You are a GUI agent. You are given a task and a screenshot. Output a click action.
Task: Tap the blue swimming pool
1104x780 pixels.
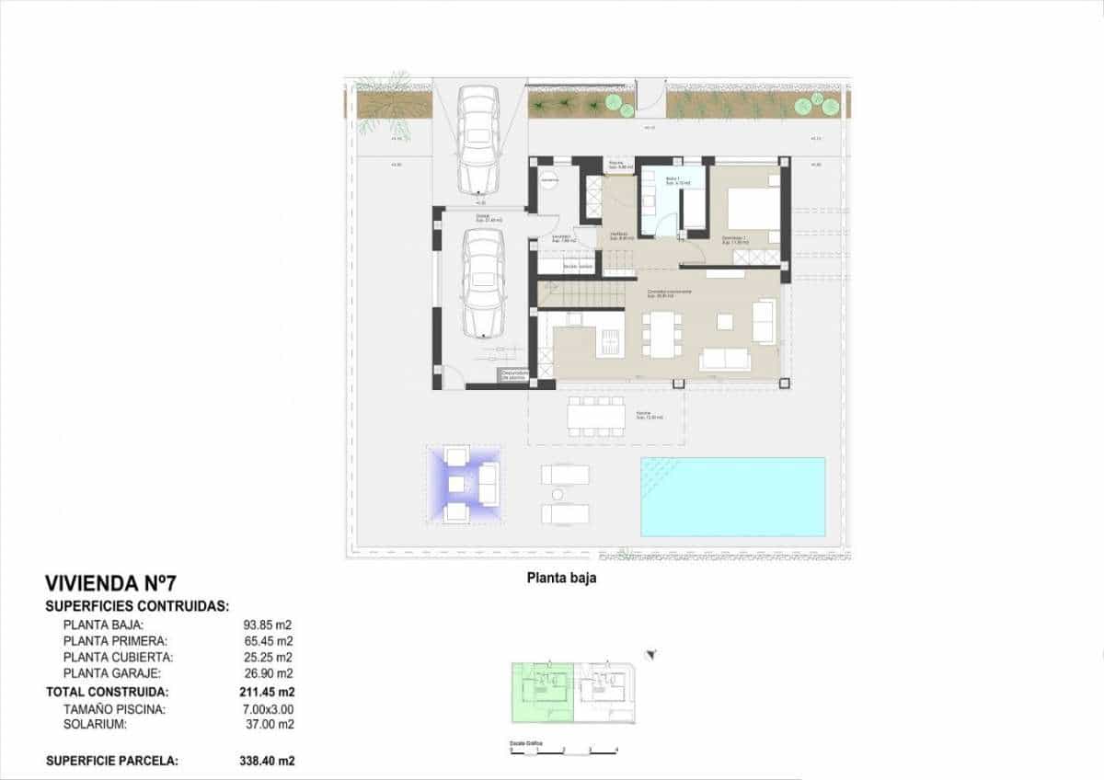pyautogui.click(x=732, y=497)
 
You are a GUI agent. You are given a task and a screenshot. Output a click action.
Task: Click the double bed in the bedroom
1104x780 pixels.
pyautogui.click(x=753, y=210)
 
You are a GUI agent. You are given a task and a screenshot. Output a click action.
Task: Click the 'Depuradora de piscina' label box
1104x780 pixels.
pyautogui.click(x=512, y=374)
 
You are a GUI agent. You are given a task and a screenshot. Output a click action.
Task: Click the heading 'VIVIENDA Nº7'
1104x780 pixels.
pyautogui.click(x=109, y=583)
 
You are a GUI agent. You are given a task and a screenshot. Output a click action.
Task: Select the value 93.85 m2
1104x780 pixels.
pyautogui.click(x=267, y=624)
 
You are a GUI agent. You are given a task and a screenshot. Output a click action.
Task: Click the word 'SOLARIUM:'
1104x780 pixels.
pyautogui.click(x=96, y=726)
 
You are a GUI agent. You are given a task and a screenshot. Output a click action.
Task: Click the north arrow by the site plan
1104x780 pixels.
pyautogui.click(x=652, y=655)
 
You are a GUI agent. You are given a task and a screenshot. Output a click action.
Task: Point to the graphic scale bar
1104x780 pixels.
pyautogui.click(x=563, y=751)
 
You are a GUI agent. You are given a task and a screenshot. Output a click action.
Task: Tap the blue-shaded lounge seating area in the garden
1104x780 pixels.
pyautogui.click(x=464, y=483)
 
